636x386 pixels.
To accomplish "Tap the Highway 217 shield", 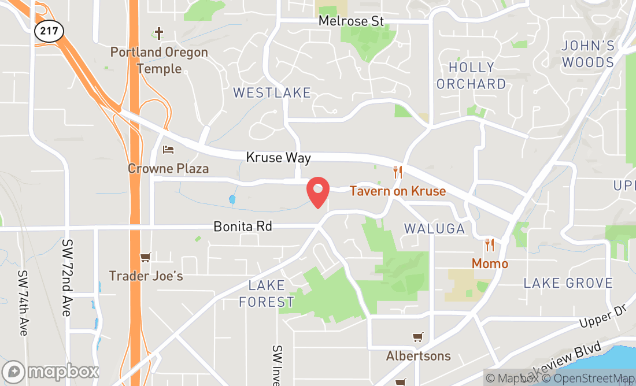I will pos(49,31).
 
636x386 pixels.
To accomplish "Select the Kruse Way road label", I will pos(278,157).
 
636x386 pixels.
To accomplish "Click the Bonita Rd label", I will pos(242,226).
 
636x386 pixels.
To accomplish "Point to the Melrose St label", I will pos(351,21).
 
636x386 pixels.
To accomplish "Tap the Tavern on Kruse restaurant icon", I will pos(397,172).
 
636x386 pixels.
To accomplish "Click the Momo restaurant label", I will pos(490,263).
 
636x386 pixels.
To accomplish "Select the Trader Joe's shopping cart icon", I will pos(145,257).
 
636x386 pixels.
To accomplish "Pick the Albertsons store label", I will pos(418,355).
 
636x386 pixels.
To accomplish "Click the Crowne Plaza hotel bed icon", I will pos(168,150).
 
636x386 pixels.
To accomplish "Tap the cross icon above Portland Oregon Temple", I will pos(160,34).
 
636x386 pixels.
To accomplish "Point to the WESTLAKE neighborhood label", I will pos(272,92).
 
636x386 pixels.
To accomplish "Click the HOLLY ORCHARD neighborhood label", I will pos(471,76).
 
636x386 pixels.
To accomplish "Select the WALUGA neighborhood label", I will pos(434,228).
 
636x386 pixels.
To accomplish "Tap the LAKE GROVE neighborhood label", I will pos(568,283).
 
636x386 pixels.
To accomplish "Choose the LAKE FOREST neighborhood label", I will pos(267,294).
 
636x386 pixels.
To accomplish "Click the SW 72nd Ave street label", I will pos(68,277).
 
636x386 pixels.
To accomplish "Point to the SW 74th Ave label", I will pos(23,303).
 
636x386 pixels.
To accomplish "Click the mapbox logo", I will pos(50,371).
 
